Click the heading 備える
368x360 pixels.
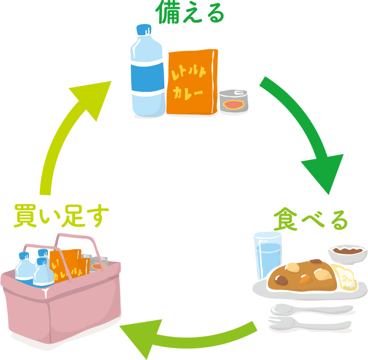coord(190,12)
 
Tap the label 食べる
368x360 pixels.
coord(310,219)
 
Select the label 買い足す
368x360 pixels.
coord(61,216)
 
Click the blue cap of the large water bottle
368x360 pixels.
coord(144,29)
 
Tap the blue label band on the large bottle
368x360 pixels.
coord(148,78)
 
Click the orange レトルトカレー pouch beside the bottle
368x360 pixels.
coord(192,82)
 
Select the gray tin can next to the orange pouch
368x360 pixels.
coord(234,101)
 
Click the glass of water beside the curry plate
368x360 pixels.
coord(268,255)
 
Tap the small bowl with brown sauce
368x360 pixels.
coord(348,254)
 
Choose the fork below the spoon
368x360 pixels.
coord(309,324)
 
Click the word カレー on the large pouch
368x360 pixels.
coord(188,93)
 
